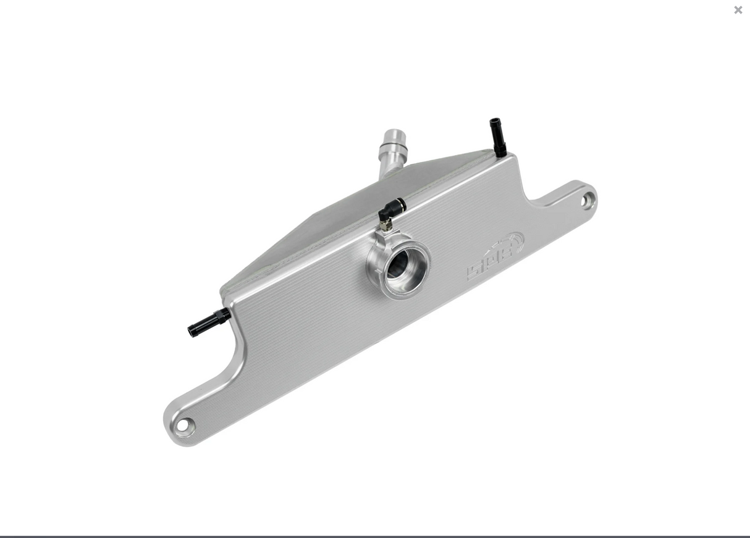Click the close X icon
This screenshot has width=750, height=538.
738,10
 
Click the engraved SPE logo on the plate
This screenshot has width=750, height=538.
495,256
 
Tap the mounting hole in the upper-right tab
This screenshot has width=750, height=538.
586,200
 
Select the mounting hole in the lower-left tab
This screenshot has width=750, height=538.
183,426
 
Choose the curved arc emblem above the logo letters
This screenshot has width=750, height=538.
513,241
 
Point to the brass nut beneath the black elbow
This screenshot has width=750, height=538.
386,225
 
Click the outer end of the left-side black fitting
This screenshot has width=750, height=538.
192,331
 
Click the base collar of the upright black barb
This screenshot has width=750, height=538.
500,150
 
